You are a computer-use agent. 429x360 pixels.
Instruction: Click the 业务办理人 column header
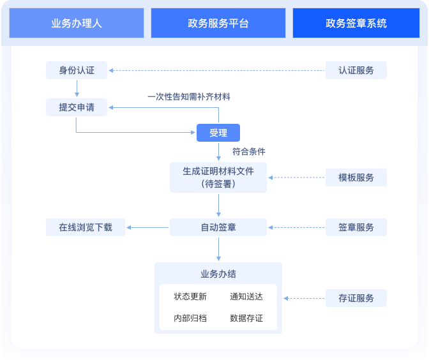[x=77, y=24]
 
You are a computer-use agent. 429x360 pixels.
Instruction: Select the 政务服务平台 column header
[x=218, y=24]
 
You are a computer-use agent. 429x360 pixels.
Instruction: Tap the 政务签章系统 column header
[x=356, y=24]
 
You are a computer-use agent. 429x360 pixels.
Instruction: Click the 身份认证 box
[x=77, y=70]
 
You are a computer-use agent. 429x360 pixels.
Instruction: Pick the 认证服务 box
[x=356, y=70]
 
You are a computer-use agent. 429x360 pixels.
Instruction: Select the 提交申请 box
[x=77, y=107]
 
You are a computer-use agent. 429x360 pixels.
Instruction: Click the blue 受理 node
[x=218, y=133]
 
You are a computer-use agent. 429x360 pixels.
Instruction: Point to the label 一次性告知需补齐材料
[x=189, y=97]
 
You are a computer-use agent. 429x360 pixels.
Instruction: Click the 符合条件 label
[x=249, y=152]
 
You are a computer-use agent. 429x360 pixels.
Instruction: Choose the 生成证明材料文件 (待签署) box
[x=218, y=177]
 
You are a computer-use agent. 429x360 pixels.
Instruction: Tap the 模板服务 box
[x=356, y=177]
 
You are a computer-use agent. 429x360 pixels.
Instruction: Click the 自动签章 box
[x=218, y=227]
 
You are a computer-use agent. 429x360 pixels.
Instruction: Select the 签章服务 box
[x=356, y=227]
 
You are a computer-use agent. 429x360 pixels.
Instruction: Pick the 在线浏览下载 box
[x=86, y=227]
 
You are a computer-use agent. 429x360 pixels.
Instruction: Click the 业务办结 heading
[x=218, y=274]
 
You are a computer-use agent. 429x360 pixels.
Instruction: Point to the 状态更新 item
[x=190, y=297]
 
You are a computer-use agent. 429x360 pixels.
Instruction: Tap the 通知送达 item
[x=246, y=297]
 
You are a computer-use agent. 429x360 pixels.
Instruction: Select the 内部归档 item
[x=190, y=318]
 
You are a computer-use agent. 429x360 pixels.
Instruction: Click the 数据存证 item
[x=246, y=318]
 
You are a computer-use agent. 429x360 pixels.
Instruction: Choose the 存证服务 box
[x=356, y=298]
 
